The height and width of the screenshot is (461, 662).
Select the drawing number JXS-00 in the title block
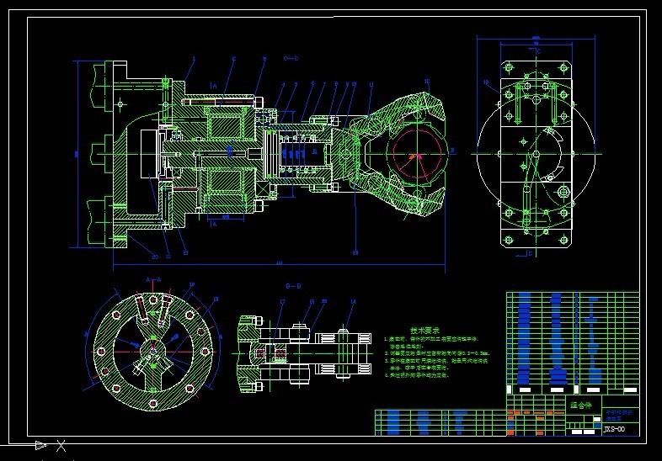click(x=615, y=429)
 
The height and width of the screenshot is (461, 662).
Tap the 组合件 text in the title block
click(x=582, y=405)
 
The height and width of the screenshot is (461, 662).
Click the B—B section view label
click(x=294, y=286)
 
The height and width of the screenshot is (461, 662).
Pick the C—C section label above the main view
click(x=291, y=58)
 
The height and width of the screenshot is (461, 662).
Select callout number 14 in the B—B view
click(x=353, y=301)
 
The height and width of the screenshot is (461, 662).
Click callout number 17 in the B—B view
click(x=282, y=301)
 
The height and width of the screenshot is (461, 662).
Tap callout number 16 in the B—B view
click(x=311, y=301)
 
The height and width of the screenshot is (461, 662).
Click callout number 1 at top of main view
click(x=194, y=59)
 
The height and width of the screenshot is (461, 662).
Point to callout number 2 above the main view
click(x=233, y=59)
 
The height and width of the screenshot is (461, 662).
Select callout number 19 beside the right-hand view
click(x=486, y=82)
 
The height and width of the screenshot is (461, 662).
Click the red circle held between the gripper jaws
click(x=414, y=156)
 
